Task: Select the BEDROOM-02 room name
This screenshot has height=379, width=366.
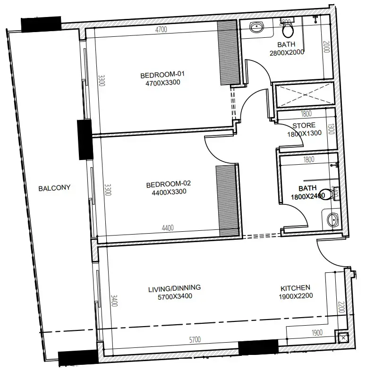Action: pos(168,184)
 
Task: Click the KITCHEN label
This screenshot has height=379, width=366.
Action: pos(295,287)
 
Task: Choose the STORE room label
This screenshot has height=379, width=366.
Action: pos(304,126)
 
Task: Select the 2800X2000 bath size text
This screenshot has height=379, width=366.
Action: pos(287,52)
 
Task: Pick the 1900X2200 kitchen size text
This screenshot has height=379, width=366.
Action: pos(295,296)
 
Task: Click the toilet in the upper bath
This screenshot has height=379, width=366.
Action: pos(288,29)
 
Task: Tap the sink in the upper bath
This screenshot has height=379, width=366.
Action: pos(256,27)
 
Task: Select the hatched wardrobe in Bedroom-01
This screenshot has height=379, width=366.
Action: pos(229,53)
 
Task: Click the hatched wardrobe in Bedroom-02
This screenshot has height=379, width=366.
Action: pos(226,201)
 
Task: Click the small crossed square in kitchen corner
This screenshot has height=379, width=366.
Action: pos(342,337)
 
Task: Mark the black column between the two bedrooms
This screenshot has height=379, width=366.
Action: pos(85,139)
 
